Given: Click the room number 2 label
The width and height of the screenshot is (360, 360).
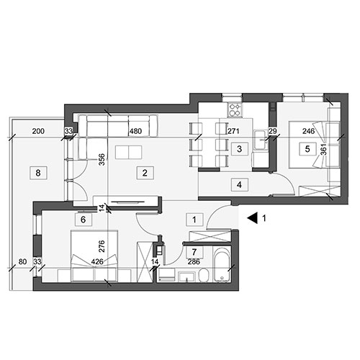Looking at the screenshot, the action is (x=145, y=173).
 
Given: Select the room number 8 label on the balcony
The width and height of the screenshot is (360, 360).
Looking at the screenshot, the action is (x=38, y=173).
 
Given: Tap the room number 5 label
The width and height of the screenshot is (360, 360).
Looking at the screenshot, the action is (x=307, y=149).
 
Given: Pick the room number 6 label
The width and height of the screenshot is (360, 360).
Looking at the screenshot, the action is (x=84, y=220).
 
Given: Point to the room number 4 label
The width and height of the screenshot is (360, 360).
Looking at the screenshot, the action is (x=239, y=185).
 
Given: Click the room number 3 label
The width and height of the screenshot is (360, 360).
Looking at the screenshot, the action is (x=239, y=149).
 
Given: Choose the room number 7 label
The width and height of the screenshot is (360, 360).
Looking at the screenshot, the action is (x=194, y=252).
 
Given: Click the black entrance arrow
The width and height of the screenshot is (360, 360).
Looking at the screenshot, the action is (x=252, y=218).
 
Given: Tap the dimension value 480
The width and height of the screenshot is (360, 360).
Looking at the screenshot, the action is (x=135, y=131).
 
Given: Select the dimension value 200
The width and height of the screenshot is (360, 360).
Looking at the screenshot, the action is (x=38, y=131).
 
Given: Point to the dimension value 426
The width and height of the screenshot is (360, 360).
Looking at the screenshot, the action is (x=97, y=261).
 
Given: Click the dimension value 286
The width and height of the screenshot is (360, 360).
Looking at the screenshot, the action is (x=194, y=261).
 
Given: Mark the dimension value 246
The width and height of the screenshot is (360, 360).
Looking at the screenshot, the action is (x=308, y=131).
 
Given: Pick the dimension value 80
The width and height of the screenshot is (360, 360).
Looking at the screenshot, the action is (x=22, y=261).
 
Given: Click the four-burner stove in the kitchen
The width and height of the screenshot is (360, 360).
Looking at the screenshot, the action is (x=235, y=109).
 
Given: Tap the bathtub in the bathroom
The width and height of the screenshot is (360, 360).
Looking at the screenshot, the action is (x=222, y=265).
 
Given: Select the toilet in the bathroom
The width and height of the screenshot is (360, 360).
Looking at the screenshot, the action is (x=204, y=276).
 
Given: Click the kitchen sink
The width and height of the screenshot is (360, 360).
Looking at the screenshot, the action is (x=261, y=140).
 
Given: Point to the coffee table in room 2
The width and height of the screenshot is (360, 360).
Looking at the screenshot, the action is (x=129, y=152).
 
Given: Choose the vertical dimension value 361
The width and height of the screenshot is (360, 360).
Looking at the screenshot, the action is (x=324, y=150).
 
